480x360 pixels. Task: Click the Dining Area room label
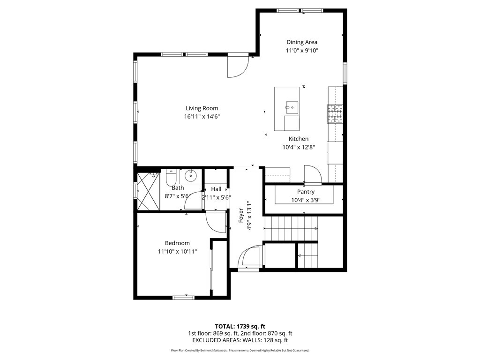[302, 42]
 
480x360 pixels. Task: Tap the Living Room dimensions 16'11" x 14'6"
[202, 117]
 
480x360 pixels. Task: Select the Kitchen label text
[299, 139]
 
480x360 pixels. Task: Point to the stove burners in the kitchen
[335, 114]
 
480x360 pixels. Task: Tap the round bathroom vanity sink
[191, 176]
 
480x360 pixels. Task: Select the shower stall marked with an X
[148, 191]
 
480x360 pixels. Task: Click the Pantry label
[306, 192]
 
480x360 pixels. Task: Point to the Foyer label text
[241, 215]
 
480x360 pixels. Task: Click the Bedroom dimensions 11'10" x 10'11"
[177, 252]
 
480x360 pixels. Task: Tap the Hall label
[216, 189]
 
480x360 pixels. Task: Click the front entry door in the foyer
[250, 256]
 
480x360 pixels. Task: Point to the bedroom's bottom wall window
[184, 297]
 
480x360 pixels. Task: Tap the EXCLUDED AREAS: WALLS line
[240, 340]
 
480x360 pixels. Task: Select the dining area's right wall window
[345, 73]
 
